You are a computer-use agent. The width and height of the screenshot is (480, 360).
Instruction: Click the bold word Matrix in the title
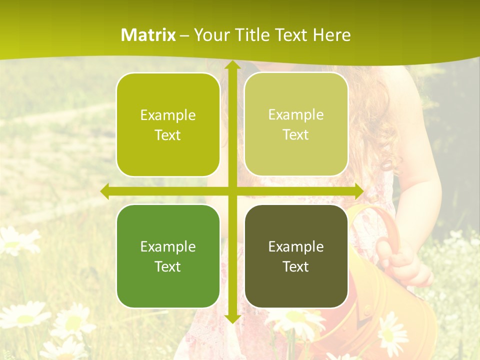[148, 35]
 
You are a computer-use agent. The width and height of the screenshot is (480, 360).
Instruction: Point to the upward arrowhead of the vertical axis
[232, 65]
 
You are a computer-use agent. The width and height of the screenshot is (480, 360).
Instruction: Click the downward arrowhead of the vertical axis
[232, 318]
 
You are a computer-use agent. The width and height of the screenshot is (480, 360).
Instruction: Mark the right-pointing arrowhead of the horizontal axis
[359, 191]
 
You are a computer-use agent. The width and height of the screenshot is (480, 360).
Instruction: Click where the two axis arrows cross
[232, 191]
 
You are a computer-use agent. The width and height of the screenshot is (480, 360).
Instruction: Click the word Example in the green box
[168, 247]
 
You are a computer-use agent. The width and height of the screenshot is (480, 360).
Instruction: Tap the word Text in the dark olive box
[296, 267]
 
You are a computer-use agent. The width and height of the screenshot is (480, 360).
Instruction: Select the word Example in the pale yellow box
[296, 115]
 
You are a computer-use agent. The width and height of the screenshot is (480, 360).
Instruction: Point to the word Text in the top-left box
[168, 135]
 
